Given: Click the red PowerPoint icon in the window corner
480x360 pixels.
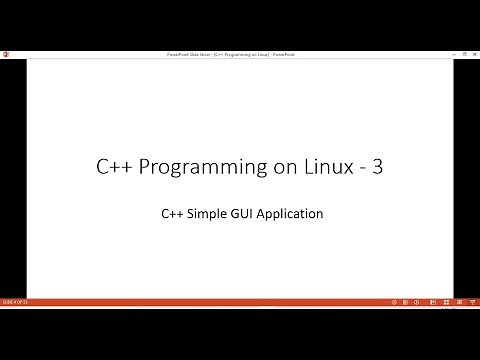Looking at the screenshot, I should point(5,53).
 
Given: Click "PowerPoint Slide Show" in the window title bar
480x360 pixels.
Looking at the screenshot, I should point(188,53).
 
